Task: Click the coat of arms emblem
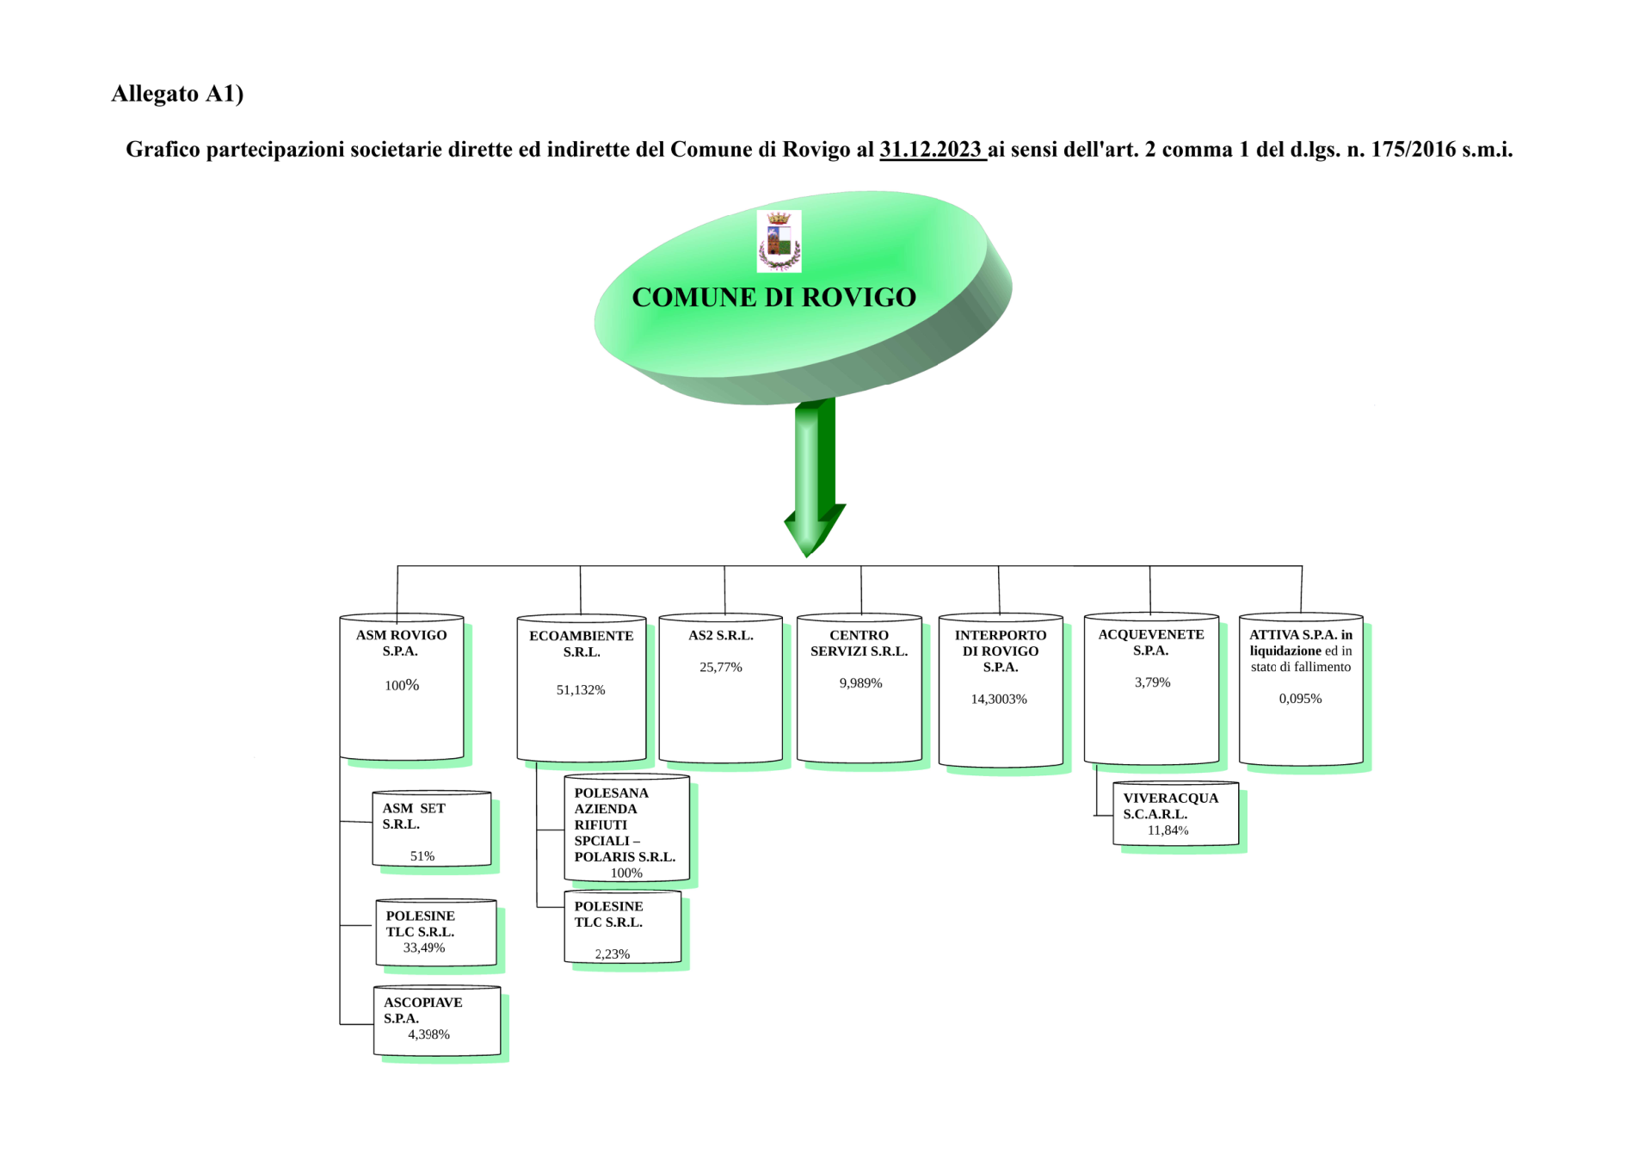pos(779,241)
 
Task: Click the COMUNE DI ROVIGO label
pos(773,297)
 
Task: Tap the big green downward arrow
pos(814,477)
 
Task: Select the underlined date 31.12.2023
pos(931,149)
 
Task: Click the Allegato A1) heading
pos(177,93)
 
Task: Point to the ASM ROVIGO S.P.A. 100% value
pos(402,685)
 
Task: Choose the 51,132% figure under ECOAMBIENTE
pos(581,690)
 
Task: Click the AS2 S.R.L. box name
pos(721,635)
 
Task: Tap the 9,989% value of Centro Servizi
pos(860,683)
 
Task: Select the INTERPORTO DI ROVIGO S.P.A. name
pos(1001,651)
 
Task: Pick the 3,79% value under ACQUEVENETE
pos(1152,682)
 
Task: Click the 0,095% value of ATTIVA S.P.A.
pos(1300,699)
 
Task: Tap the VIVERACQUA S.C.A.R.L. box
pos(1175,813)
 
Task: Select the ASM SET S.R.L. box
pos(432,829)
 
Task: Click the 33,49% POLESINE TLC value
pos(424,947)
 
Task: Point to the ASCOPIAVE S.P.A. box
pos(437,1021)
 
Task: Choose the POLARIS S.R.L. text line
pos(625,857)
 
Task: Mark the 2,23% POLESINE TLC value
pos(612,953)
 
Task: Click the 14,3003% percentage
pos(999,699)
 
